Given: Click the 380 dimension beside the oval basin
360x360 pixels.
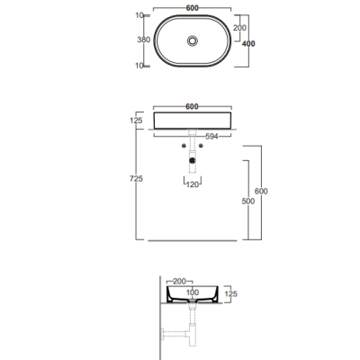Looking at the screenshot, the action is click(x=143, y=40).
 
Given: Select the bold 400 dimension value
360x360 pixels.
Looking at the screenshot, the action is click(x=248, y=44).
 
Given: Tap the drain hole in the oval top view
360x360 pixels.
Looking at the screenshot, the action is click(x=193, y=40).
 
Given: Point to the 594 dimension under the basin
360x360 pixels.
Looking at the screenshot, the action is click(x=211, y=137).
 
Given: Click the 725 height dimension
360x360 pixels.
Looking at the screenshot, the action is click(x=136, y=179).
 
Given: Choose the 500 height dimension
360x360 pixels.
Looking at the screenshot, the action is click(x=248, y=202).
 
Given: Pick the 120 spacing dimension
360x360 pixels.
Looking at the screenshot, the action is click(x=193, y=184).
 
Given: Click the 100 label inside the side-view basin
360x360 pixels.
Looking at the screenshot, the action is click(x=193, y=292).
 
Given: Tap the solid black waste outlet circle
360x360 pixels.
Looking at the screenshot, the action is click(x=193, y=160).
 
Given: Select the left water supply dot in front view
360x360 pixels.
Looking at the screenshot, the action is click(x=184, y=146).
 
